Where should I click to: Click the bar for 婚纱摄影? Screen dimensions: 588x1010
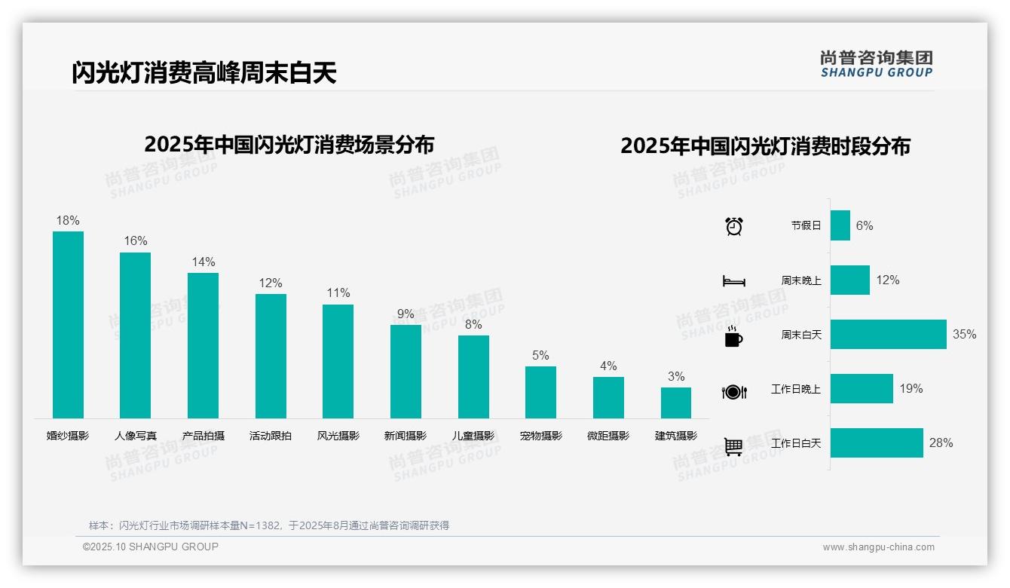(x=68, y=325)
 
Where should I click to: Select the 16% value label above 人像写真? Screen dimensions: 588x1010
(x=136, y=241)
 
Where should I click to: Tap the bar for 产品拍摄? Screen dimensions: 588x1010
(x=203, y=345)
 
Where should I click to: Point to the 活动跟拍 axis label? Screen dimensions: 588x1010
(x=271, y=436)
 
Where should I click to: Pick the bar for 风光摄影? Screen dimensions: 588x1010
(x=338, y=361)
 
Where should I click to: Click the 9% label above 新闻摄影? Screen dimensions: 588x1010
(x=406, y=314)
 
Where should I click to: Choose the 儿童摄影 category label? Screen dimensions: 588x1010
(x=473, y=436)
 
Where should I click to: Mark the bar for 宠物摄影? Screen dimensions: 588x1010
(x=540, y=392)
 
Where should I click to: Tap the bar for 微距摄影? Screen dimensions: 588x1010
(x=608, y=397)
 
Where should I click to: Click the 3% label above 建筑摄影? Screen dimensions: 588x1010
(x=676, y=377)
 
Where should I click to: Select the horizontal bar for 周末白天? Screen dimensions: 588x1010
(x=888, y=335)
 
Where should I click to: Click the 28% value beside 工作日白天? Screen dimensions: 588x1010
(x=941, y=443)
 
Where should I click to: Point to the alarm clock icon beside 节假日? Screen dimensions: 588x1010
(x=733, y=226)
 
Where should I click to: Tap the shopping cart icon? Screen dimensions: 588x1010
(x=733, y=446)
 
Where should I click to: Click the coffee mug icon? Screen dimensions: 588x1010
(x=733, y=337)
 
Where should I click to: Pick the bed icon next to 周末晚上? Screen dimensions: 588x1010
(x=733, y=281)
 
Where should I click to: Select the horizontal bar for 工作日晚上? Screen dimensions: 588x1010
(x=862, y=389)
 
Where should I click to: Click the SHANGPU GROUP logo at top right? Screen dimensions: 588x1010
(x=876, y=64)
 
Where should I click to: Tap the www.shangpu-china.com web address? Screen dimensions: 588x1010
(x=878, y=547)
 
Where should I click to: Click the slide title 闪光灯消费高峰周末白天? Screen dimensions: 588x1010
(x=204, y=73)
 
